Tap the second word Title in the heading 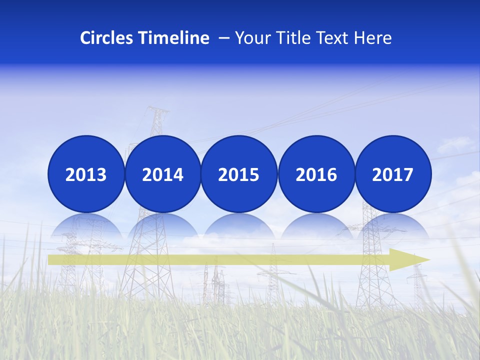(290, 38)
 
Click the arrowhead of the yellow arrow (410, 259)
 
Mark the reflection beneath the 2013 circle (86, 225)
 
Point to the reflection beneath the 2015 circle (239, 225)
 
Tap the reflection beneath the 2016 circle (316, 225)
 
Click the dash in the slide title (224, 38)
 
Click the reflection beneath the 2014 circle (162, 225)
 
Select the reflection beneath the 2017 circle (392, 225)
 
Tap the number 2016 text (316, 175)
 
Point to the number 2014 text (162, 175)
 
